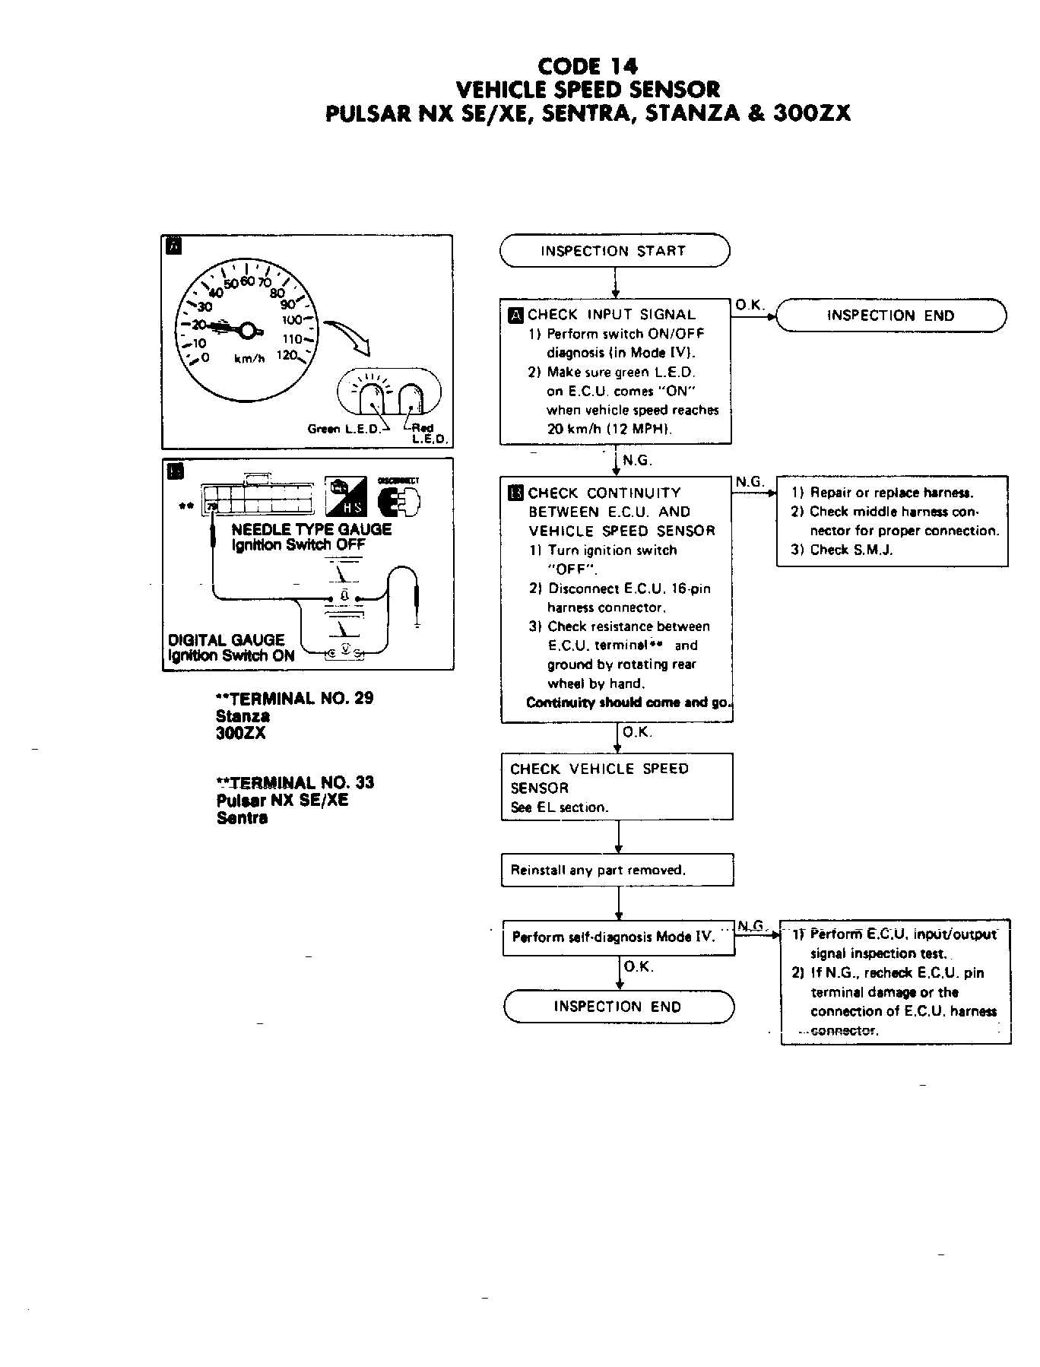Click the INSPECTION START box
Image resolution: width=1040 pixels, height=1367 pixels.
tap(614, 251)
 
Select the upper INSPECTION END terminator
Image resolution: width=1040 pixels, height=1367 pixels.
tap(890, 316)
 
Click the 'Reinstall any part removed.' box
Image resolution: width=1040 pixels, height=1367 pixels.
tap(617, 870)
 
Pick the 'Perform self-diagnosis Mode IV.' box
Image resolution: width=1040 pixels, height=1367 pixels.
tap(617, 937)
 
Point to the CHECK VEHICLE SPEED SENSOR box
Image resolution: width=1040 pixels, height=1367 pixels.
tap(617, 787)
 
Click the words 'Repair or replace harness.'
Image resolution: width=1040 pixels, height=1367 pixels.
tap(891, 493)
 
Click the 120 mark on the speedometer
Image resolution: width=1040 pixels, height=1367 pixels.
tap(286, 355)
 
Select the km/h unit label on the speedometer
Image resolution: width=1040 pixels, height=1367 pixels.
tap(249, 359)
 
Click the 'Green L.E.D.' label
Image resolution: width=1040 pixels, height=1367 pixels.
tap(343, 429)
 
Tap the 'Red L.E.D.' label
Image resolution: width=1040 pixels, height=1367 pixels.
tap(423, 433)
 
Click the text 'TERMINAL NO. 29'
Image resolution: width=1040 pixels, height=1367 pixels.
tap(300, 698)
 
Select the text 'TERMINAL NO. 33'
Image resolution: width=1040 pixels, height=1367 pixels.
tap(300, 782)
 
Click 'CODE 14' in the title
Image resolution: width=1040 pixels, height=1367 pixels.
tap(587, 66)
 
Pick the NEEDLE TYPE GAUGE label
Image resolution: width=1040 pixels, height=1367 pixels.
tap(312, 529)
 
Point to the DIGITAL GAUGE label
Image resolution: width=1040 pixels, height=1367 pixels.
tap(226, 639)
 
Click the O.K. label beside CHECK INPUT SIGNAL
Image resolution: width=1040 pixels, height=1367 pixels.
tap(749, 305)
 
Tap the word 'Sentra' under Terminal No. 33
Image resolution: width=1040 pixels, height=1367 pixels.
tap(242, 818)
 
